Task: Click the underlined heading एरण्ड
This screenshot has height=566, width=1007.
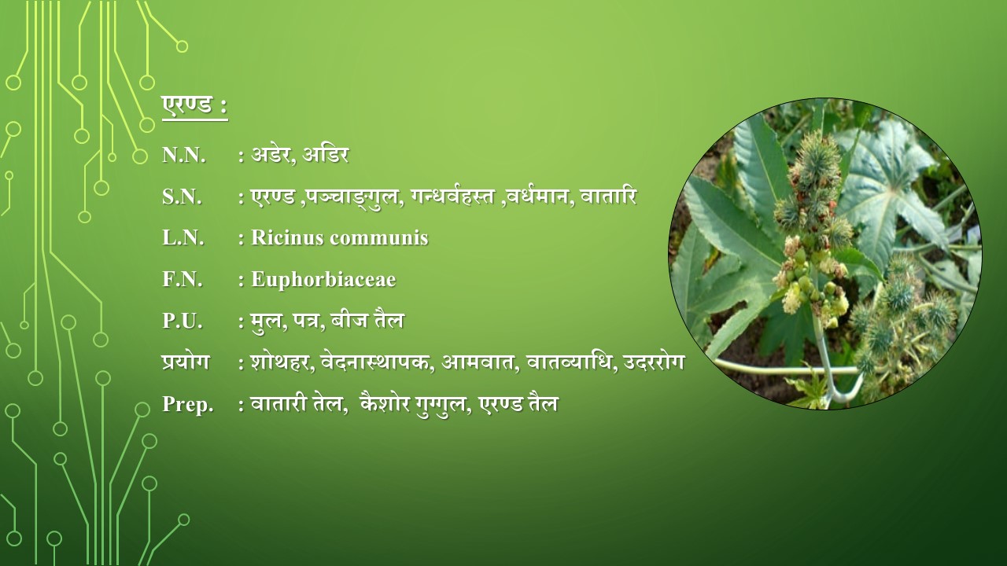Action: tap(186, 106)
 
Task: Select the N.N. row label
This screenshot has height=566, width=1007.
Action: tap(184, 156)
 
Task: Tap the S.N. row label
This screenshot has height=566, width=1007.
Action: tap(182, 197)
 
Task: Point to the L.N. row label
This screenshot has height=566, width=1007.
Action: tap(183, 237)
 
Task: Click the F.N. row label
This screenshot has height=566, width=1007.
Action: tap(183, 279)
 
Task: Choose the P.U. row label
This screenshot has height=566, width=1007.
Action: tap(183, 321)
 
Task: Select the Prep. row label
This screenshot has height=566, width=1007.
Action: tap(188, 404)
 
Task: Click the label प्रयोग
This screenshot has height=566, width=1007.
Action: tap(186, 362)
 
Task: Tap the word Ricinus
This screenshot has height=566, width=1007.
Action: tap(287, 237)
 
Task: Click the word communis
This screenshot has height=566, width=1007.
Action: tap(379, 237)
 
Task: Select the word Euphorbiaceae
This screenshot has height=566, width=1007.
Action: tap(323, 280)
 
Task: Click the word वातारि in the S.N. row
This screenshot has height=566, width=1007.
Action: tap(608, 196)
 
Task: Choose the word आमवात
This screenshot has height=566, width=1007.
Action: tap(478, 362)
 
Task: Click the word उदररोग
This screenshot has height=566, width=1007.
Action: tap(654, 362)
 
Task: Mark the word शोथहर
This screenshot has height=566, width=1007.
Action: tap(282, 362)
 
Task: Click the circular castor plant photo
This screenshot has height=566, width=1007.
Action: tap(825, 254)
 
